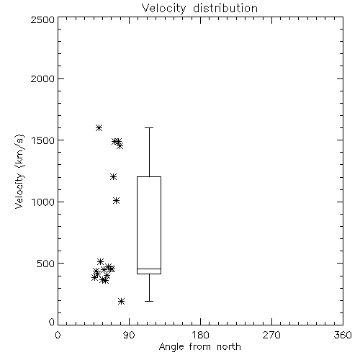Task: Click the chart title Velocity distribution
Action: click(199, 9)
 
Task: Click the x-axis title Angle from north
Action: click(199, 346)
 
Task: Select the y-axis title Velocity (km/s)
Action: click(19, 171)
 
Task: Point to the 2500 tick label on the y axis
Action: click(42, 19)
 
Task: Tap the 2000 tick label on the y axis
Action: click(42, 78)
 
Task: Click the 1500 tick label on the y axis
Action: click(43, 140)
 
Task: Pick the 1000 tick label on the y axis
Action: click(43, 202)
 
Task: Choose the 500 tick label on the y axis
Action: click(46, 264)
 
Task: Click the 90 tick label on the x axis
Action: click(129, 335)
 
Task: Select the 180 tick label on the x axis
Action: click(200, 335)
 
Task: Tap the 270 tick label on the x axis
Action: click(271, 335)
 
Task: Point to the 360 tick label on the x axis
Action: click(343, 335)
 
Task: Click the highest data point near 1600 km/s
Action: click(99, 127)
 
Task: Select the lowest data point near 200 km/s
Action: click(122, 301)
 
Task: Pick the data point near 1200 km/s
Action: click(113, 177)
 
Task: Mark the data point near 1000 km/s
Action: click(117, 200)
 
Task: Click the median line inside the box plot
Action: click(149, 269)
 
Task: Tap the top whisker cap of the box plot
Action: click(149, 127)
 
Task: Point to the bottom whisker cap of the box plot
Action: click(149, 301)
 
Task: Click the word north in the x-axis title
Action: click(229, 346)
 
